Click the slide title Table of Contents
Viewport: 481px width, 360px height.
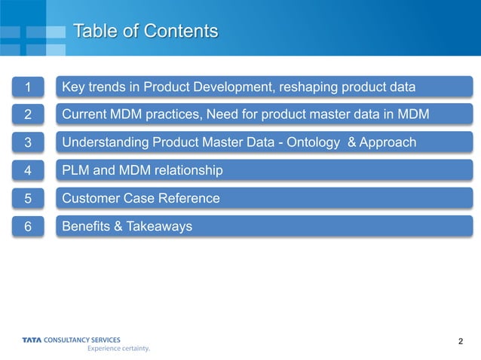146,31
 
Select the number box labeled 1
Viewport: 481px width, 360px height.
28,87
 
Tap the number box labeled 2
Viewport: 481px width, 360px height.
28,115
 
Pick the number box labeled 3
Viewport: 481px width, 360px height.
28,143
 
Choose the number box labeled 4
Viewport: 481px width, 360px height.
28,171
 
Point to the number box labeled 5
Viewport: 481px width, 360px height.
28,199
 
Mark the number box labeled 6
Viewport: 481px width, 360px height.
28,227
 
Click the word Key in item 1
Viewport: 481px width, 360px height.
73,87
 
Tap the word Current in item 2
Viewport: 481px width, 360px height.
87,115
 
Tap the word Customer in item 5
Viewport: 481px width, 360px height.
91,199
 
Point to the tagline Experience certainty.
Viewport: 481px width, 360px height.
118,349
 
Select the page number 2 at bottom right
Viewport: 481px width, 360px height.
460,343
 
